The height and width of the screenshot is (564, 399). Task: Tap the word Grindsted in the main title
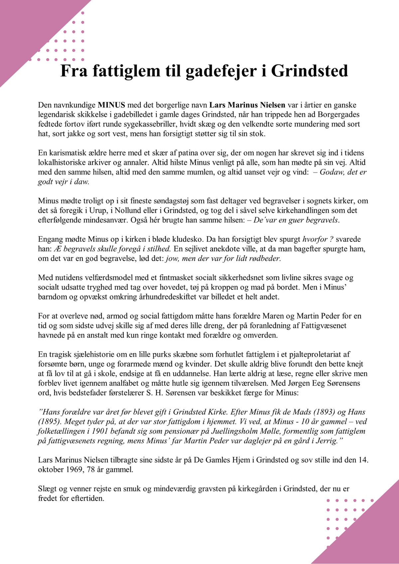pos(310,71)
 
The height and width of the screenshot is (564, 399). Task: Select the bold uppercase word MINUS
pos(111,105)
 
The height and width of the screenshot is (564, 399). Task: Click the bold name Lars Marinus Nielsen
pos(247,105)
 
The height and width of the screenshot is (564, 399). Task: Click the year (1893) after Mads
pos(322,412)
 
